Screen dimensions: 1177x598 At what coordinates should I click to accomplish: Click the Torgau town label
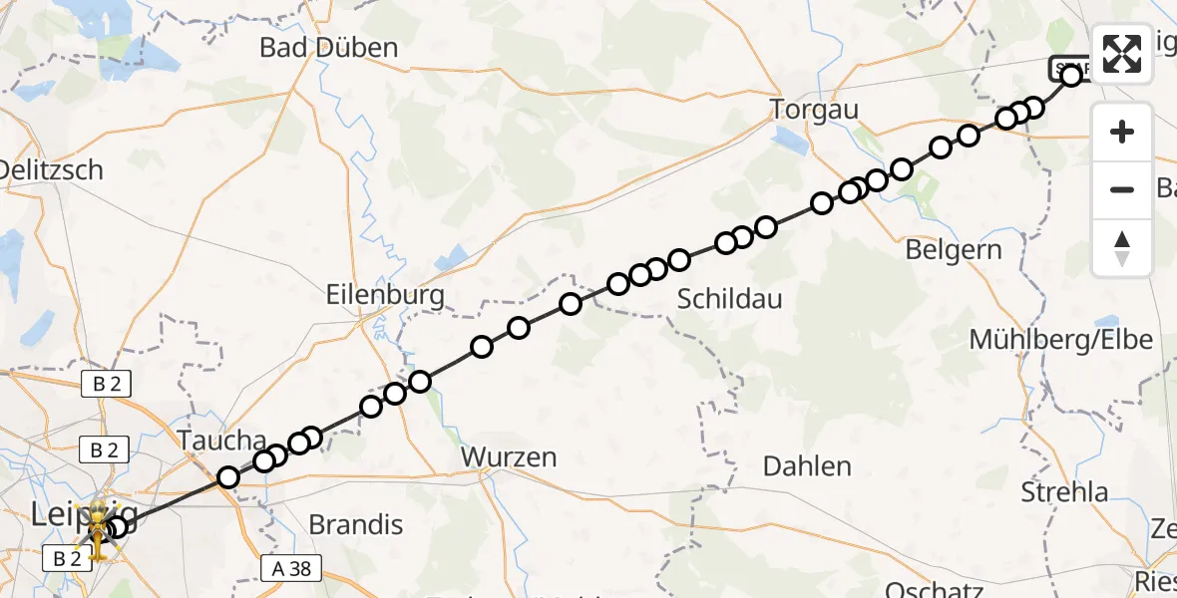[815, 110]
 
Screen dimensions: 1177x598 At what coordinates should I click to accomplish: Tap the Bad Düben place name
[328, 47]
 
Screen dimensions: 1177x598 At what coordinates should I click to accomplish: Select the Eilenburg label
[385, 295]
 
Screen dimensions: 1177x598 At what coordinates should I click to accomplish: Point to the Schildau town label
[729, 298]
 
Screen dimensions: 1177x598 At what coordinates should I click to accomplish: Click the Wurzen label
[509, 457]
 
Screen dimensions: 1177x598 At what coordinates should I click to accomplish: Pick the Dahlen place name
[807, 465]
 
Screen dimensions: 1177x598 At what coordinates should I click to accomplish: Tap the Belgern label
[954, 249]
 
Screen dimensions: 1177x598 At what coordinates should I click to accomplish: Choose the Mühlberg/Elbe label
[1061, 340]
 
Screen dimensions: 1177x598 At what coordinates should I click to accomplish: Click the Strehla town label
[1064, 491]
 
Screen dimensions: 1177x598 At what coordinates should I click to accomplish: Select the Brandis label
[356, 524]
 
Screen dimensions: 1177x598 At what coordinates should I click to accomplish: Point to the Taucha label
[221, 441]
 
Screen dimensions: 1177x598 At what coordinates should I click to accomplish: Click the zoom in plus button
[1122, 132]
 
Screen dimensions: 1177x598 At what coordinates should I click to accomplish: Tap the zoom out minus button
[1122, 189]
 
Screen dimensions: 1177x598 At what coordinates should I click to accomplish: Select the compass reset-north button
[1122, 248]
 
